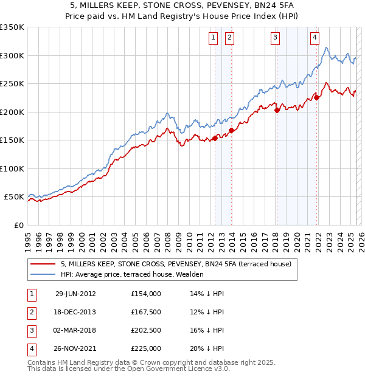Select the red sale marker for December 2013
coord(231,130)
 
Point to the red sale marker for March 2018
coord(277,111)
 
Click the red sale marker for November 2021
coord(317,97)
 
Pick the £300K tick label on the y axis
coord(12,55)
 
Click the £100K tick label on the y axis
coord(12,168)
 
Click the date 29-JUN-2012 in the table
coord(75,293)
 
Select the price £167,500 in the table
coord(146,311)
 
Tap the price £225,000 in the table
coord(146,348)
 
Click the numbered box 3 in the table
coord(31,330)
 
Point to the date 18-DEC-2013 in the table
coord(75,311)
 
